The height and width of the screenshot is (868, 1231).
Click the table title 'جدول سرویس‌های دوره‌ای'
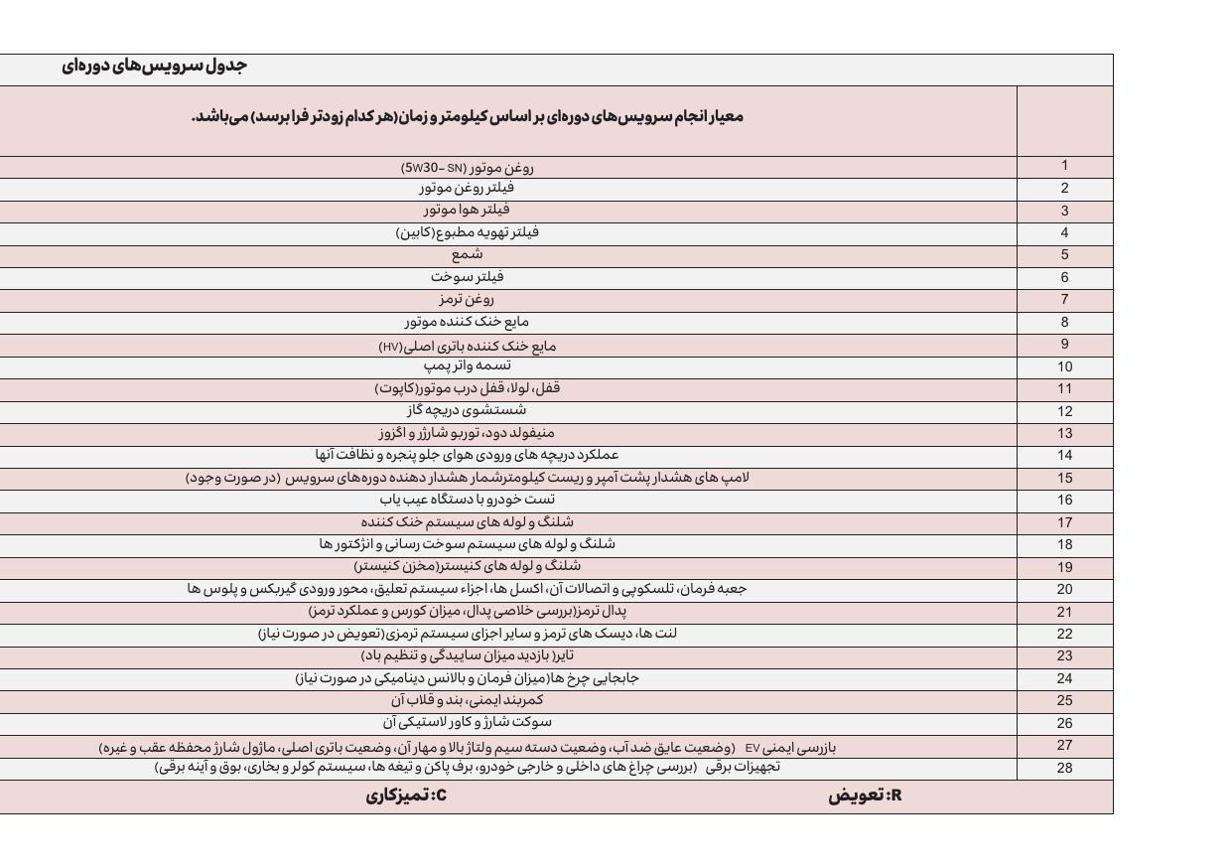tap(154, 67)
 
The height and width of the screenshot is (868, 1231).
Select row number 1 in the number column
tap(1064, 166)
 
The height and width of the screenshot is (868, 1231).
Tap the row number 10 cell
tap(1064, 366)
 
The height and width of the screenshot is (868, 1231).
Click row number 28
tap(1064, 768)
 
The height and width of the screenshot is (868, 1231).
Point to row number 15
tap(1064, 478)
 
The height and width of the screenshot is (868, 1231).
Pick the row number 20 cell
tap(1064, 589)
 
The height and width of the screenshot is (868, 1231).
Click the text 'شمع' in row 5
tap(467, 254)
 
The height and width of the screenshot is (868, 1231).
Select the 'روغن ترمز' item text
tap(467, 299)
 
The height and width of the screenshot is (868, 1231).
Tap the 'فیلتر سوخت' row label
tap(467, 277)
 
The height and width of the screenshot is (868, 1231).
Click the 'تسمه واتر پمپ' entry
tap(467, 365)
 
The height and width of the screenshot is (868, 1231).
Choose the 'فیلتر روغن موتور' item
tap(467, 187)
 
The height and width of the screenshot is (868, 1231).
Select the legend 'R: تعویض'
tap(865, 796)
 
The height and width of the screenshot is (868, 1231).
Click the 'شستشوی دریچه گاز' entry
tap(467, 410)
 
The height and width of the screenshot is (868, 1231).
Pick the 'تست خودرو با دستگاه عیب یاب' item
tap(467, 500)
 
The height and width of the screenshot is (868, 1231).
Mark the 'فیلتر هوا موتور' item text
tap(467, 210)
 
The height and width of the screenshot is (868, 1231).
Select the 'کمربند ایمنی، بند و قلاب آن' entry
tap(467, 700)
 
